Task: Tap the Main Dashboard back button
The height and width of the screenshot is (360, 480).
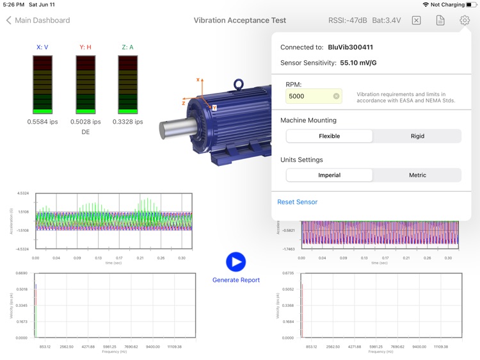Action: pyautogui.click(x=38, y=20)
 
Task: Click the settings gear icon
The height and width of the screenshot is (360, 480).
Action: pyautogui.click(x=465, y=20)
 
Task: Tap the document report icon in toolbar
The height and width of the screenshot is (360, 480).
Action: pyautogui.click(x=440, y=20)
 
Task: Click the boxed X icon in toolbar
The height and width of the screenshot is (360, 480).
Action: pyautogui.click(x=416, y=20)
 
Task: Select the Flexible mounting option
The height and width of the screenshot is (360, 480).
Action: pyautogui.click(x=329, y=136)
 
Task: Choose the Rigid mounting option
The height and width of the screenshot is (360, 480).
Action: pyautogui.click(x=417, y=136)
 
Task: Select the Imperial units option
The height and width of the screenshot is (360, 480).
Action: pyautogui.click(x=329, y=175)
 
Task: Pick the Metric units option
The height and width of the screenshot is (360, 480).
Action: pyautogui.click(x=417, y=175)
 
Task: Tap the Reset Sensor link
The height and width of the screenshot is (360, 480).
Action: pyautogui.click(x=297, y=202)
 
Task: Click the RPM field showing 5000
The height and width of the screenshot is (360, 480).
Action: pyautogui.click(x=307, y=96)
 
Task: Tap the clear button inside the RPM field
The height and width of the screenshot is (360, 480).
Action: pyautogui.click(x=336, y=96)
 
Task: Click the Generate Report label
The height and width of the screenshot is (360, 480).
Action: pyautogui.click(x=236, y=280)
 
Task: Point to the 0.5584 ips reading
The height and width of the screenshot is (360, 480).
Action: pyautogui.click(x=43, y=122)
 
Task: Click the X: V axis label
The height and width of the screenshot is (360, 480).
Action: pyautogui.click(x=42, y=47)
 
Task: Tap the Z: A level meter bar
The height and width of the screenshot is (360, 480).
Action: pyautogui.click(x=127, y=84)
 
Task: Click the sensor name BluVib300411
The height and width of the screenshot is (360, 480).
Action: pyautogui.click(x=350, y=47)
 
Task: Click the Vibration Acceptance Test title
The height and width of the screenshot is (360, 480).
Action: pyautogui.click(x=240, y=20)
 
